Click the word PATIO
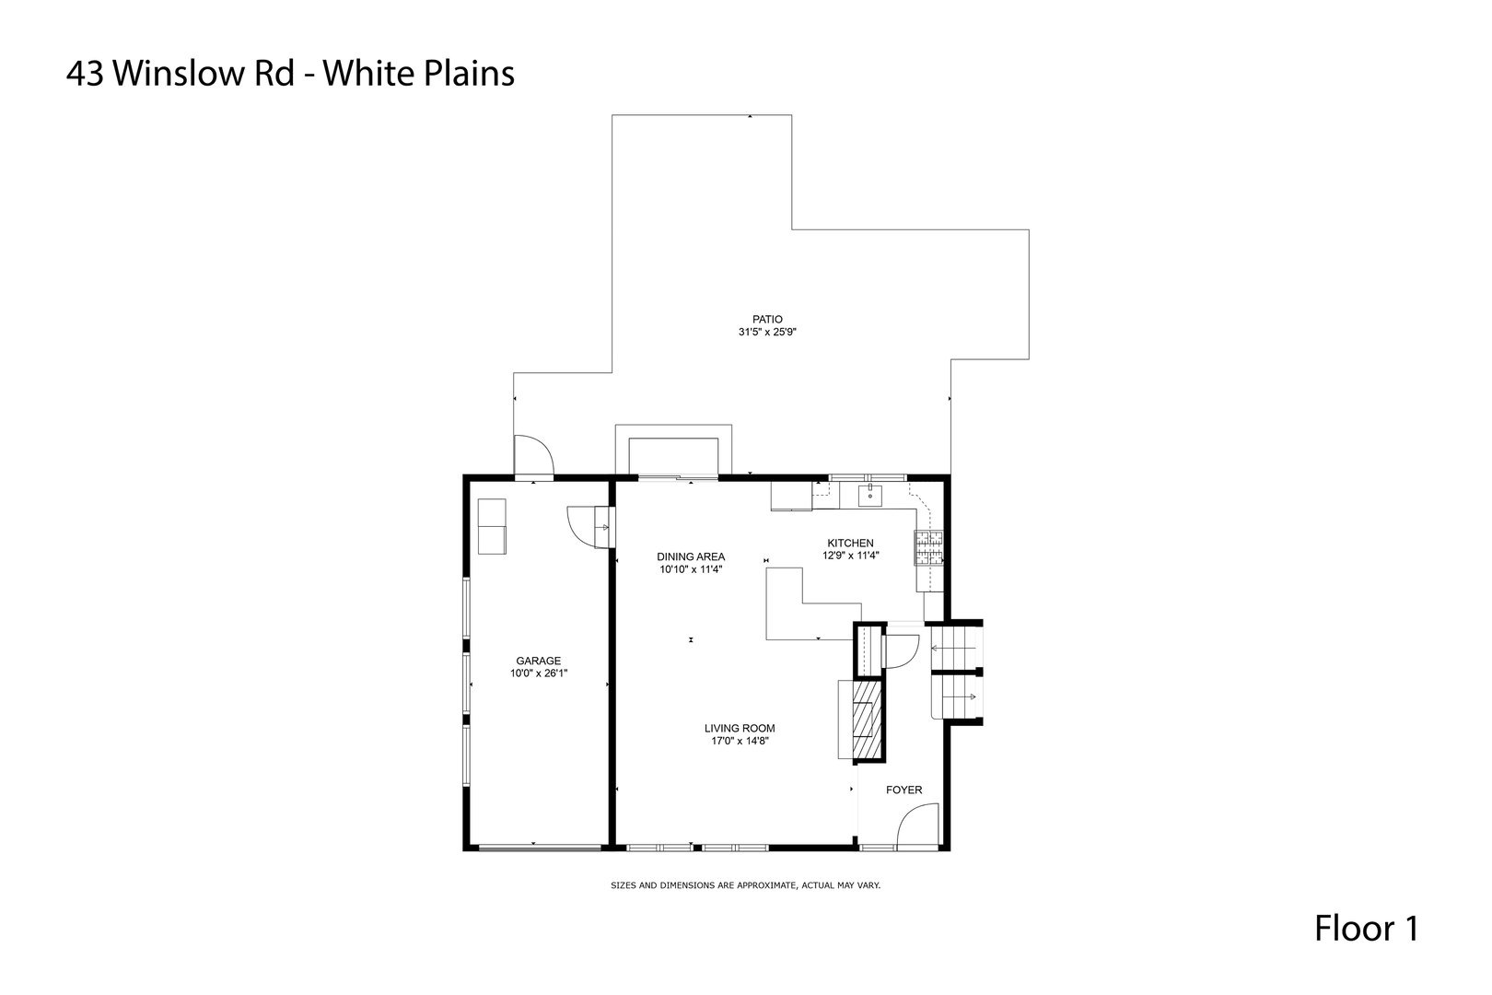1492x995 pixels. [x=766, y=319]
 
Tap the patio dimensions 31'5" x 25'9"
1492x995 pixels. [x=766, y=332]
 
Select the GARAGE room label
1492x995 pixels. [x=538, y=661]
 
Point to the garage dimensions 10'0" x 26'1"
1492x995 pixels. [x=538, y=673]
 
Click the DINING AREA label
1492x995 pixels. [x=691, y=556]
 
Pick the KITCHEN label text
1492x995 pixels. [x=850, y=543]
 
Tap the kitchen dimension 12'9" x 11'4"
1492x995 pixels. [x=850, y=556]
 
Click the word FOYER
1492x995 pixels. [x=903, y=790]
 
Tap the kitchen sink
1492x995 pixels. [x=870, y=497]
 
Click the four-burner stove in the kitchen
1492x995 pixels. [x=928, y=548]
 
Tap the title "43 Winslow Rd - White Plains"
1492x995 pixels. [x=290, y=74]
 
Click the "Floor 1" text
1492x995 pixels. [x=1366, y=929]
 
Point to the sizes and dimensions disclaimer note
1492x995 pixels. [x=746, y=885]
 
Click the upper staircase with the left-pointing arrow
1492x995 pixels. [x=956, y=648]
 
